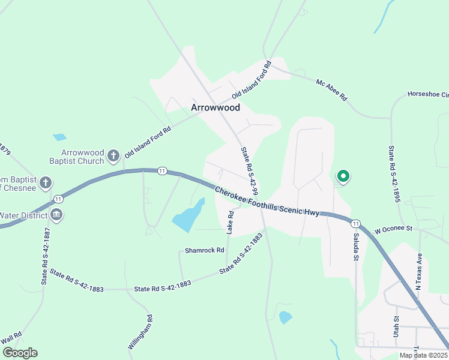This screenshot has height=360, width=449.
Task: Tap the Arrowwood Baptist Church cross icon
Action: click(x=113, y=157)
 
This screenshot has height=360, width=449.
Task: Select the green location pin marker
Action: click(x=343, y=176)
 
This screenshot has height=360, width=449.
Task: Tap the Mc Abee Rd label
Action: click(x=331, y=88)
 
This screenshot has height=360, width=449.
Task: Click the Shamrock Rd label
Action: click(x=204, y=250)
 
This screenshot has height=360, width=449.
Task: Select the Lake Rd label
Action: click(x=230, y=222)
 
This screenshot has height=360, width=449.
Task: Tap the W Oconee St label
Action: click(x=394, y=229)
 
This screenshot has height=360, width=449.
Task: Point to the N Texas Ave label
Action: click(x=419, y=271)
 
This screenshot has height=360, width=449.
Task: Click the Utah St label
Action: click(x=396, y=326)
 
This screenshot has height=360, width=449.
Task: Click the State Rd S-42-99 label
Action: click(x=249, y=171)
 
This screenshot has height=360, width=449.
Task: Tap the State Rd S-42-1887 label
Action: click(x=44, y=254)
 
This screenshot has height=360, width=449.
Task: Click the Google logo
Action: click(x=20, y=352)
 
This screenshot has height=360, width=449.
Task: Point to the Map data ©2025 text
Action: click(x=423, y=355)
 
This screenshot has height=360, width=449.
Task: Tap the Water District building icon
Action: click(x=56, y=215)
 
